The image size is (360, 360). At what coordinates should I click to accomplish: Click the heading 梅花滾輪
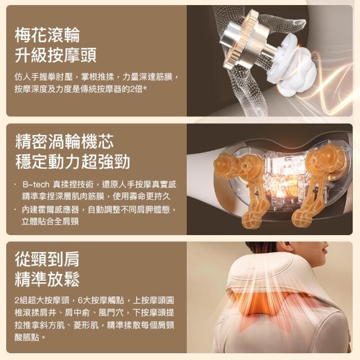pos(47,35)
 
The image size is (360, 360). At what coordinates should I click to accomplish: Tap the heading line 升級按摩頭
pos(56,55)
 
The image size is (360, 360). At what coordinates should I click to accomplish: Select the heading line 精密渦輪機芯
pos(65,141)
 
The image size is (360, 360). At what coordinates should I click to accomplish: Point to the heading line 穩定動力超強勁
pos(73,161)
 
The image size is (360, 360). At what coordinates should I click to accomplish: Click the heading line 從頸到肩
pos(47,259)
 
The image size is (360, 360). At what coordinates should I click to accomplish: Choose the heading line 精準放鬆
pos(47,279)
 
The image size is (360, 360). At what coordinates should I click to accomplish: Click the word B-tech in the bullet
pos(36,184)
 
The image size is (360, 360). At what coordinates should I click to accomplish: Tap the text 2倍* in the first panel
pos(138,89)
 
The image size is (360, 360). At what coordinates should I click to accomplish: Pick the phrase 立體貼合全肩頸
pos(50,222)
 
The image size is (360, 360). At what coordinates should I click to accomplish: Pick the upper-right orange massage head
pos(326,159)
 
